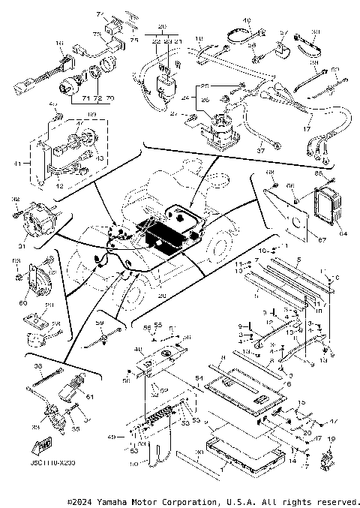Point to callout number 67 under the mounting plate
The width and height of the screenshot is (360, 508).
302,239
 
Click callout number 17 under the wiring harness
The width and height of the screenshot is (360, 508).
305,128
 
